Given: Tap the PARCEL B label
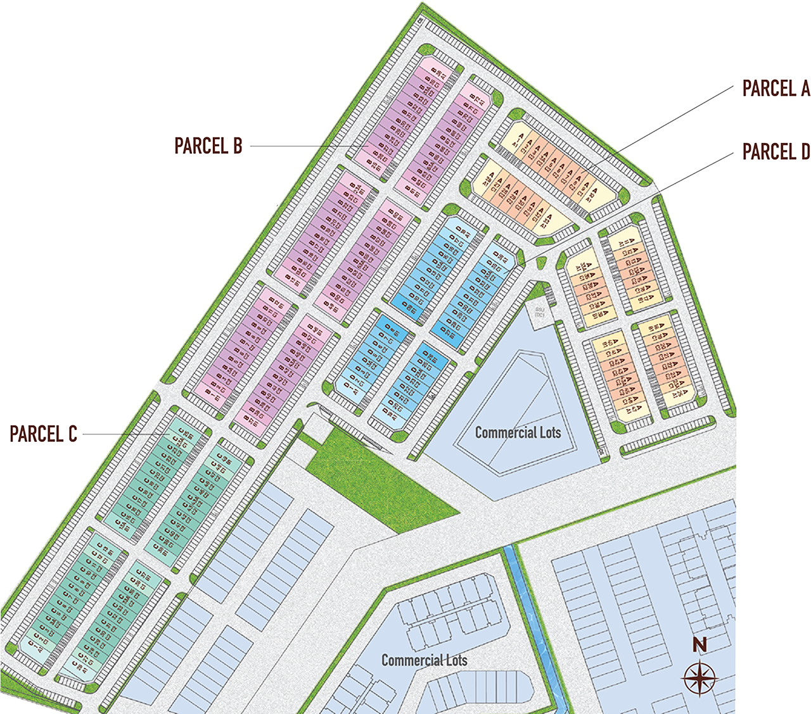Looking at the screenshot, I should click(208, 146).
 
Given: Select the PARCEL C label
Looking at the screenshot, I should click(44, 434).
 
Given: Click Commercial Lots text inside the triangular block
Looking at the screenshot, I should click(518, 432).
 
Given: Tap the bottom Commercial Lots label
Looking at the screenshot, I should click(424, 660).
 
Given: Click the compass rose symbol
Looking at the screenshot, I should click(699, 677).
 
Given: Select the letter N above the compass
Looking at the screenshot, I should click(699, 645).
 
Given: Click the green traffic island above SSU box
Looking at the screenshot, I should click(540, 261).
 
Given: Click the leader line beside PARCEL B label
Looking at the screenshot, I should click(298, 147).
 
